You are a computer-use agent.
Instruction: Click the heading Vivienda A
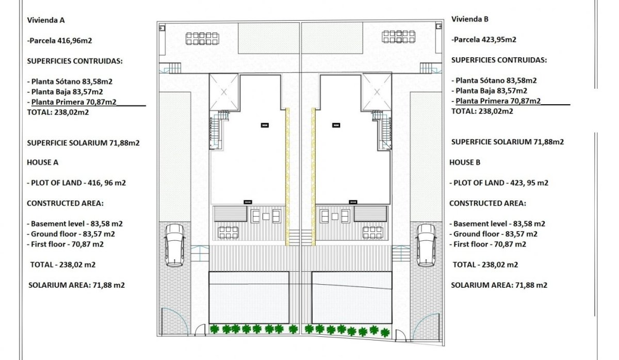tap(45, 20)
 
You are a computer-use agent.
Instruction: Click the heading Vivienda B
tap(469, 19)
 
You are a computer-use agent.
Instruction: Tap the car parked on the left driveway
tap(174, 245)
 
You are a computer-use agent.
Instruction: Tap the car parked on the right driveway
tap(426, 245)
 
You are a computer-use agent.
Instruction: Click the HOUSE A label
tap(42, 162)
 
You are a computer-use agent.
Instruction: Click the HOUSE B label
tap(465, 162)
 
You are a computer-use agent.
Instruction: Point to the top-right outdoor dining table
tap(399, 37)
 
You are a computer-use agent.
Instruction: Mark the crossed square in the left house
tap(224, 92)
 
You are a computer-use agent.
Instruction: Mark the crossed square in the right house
tap(377, 92)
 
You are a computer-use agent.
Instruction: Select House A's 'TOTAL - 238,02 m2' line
tap(63, 265)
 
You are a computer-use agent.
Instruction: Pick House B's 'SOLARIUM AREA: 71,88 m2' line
tap(499, 285)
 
